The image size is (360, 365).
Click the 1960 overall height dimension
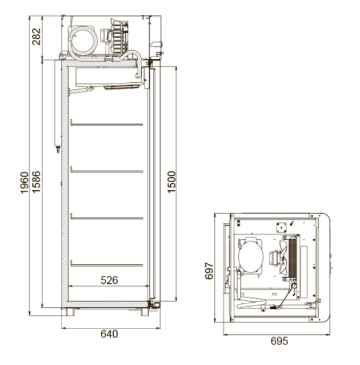24,183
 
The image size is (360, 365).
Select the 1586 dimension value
36,182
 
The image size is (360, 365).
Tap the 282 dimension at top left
36,37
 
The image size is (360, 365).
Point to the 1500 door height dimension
171,182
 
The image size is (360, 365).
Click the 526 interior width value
109,280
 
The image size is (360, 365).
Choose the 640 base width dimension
109,334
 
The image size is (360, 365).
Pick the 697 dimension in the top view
209,271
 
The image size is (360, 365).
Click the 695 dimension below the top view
279,341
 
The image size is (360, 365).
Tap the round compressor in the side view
83,40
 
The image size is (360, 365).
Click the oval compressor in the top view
251,255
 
